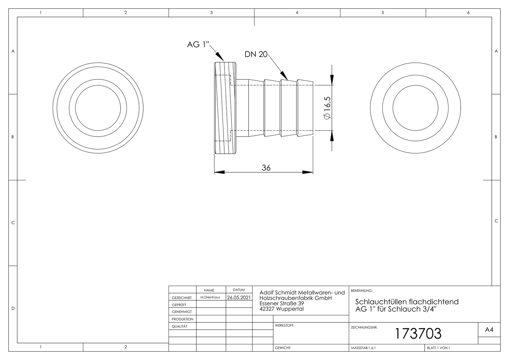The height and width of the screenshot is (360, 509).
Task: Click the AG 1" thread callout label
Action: (x=198, y=44)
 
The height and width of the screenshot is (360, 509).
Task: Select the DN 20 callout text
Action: (x=256, y=54)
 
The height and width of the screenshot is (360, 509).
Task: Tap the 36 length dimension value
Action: (x=266, y=168)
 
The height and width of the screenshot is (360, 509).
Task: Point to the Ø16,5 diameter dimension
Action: (x=327, y=108)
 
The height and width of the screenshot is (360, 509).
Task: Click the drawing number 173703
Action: (x=418, y=333)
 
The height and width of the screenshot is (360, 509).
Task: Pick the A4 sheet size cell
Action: (x=489, y=330)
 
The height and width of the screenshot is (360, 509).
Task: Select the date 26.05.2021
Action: (x=239, y=297)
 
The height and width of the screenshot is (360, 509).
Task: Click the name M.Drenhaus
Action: (x=210, y=297)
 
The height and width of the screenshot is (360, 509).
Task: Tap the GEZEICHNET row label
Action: (x=182, y=298)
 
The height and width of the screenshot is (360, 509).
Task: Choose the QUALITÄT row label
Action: (x=179, y=326)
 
